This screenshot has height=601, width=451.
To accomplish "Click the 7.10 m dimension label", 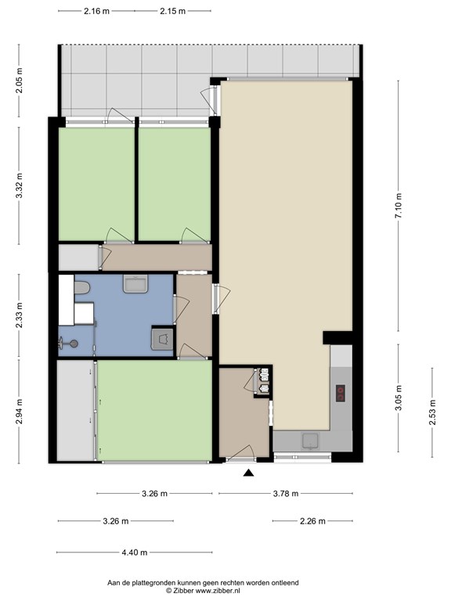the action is pyautogui.click(x=399, y=206).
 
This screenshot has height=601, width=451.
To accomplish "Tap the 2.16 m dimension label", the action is pyautogui.click(x=96, y=11).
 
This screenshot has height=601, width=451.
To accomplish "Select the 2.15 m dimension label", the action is pyautogui.click(x=172, y=11).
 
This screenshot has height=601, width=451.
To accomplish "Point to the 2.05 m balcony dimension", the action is pyautogui.click(x=19, y=81).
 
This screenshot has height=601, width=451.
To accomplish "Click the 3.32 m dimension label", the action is pyautogui.click(x=19, y=185).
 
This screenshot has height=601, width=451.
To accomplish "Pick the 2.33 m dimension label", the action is pyautogui.click(x=19, y=315).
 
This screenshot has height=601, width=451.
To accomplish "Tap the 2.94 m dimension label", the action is pyautogui.click(x=19, y=412).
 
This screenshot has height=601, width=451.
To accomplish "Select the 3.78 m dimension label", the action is pyautogui.click(x=286, y=494).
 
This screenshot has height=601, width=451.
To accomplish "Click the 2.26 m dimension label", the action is pyautogui.click(x=312, y=521).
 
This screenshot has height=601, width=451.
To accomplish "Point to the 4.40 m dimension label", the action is pyautogui.click(x=135, y=552).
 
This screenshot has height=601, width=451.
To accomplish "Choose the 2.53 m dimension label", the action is pyautogui.click(x=432, y=412).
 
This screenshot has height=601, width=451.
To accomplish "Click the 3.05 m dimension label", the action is pyautogui.click(x=399, y=398).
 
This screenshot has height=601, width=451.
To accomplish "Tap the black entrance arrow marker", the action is pyautogui.click(x=248, y=473).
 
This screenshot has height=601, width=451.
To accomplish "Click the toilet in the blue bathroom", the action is pyautogui.click(x=81, y=287).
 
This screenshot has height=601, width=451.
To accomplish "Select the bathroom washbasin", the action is pyautogui.click(x=135, y=283).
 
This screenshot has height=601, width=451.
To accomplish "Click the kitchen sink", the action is pyautogui.click(x=310, y=441).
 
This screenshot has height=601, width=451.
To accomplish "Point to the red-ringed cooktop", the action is pyautogui.click(x=341, y=394).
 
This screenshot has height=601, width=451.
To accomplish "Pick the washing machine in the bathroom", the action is pyautogui.click(x=163, y=339).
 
